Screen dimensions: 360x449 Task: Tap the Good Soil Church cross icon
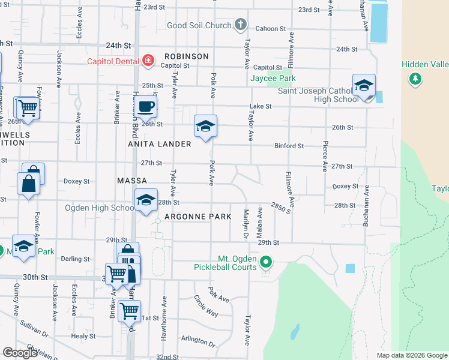click(x=240, y=25)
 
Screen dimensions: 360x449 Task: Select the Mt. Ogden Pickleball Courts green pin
click(x=267, y=262)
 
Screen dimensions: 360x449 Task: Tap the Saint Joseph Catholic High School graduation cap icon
click(x=364, y=86)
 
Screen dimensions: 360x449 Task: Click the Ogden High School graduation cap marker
click(x=145, y=201)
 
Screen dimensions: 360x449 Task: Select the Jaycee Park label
click(x=273, y=78)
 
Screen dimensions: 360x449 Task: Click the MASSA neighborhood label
click(x=133, y=181)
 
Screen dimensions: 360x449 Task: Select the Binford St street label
click(x=289, y=146)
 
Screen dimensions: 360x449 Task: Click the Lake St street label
click(x=261, y=106)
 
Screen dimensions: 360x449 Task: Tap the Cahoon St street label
click(x=267, y=29)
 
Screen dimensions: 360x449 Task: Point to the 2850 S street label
click(x=281, y=208)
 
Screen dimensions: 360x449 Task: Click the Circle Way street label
click(x=205, y=306)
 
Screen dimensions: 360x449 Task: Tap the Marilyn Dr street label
click(x=246, y=223)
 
